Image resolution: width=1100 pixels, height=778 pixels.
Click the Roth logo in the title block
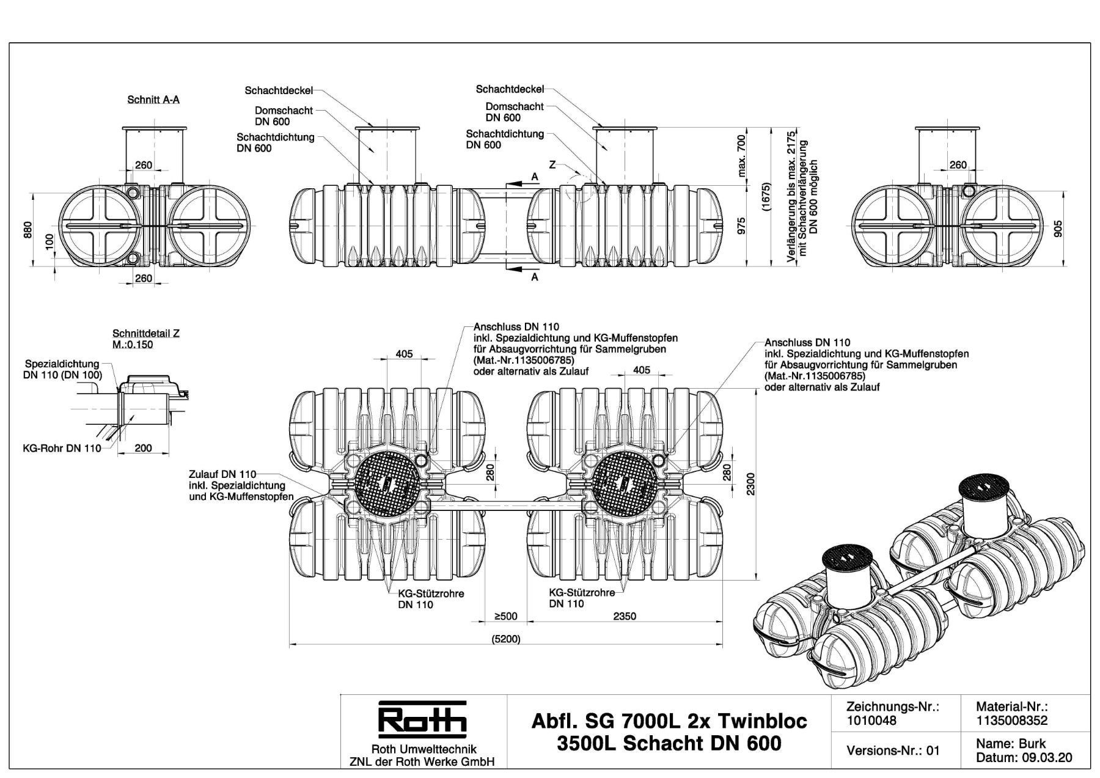point(422,720)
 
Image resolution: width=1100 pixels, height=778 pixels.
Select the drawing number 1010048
point(871,721)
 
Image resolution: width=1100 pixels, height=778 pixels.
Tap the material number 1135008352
point(1012,721)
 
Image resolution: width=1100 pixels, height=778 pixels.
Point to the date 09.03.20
point(1047,758)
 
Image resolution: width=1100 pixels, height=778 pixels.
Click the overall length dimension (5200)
point(505,639)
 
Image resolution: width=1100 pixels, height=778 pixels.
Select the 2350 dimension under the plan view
point(625,616)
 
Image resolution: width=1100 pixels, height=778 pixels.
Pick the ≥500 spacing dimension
point(505,616)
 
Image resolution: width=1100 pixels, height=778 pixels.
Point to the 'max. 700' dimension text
point(742,156)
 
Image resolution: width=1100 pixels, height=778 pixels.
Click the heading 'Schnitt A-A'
point(153,99)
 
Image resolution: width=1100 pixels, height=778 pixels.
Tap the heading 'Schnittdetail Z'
point(146,334)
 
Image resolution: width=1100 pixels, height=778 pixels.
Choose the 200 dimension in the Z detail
point(143,448)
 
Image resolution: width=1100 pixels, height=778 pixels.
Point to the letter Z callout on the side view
point(552,164)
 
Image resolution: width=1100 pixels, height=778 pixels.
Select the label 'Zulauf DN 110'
point(222,474)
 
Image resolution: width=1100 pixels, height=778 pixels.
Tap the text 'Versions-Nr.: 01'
point(893,750)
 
